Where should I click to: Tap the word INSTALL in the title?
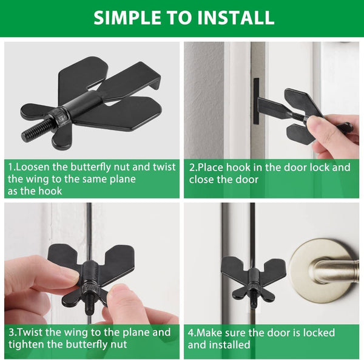(237, 18)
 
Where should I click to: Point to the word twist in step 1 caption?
(164, 167)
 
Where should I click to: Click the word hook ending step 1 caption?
(48, 191)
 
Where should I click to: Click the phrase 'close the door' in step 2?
(224, 179)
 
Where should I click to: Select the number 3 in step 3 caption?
(11, 332)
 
